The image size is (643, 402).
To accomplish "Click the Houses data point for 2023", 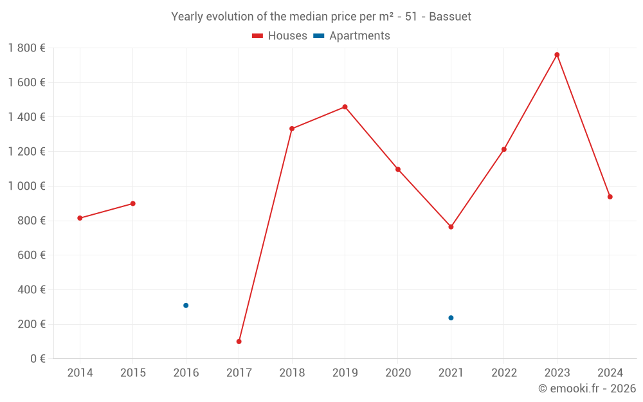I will click(x=557, y=55).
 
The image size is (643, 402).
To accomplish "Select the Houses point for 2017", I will click(x=239, y=342).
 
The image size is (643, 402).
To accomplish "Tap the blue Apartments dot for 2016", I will click(x=186, y=306).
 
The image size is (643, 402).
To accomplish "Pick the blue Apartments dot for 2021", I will click(x=451, y=318).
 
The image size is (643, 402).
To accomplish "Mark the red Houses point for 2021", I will click(x=451, y=227).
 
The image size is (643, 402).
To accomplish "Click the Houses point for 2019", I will click(x=345, y=107).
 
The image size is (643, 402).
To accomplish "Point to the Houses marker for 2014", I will click(x=80, y=218).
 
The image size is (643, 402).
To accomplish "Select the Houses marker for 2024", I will click(x=610, y=197).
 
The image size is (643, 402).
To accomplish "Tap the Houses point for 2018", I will click(x=292, y=129).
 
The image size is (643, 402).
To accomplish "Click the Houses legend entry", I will click(x=280, y=36).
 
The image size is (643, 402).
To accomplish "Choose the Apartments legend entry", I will click(x=352, y=36).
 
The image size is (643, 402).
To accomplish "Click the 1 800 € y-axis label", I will click(x=26, y=48).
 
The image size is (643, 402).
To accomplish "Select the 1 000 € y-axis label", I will click(x=26, y=186).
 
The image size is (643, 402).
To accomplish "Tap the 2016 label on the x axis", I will click(x=186, y=373).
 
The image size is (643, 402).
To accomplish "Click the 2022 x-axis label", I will click(x=503, y=373).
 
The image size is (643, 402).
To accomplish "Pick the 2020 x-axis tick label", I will click(x=398, y=373).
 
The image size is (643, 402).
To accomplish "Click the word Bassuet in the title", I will click(x=450, y=17).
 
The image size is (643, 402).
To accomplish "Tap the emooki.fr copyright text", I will click(x=587, y=388).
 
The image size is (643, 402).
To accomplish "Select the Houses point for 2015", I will click(x=132, y=203).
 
